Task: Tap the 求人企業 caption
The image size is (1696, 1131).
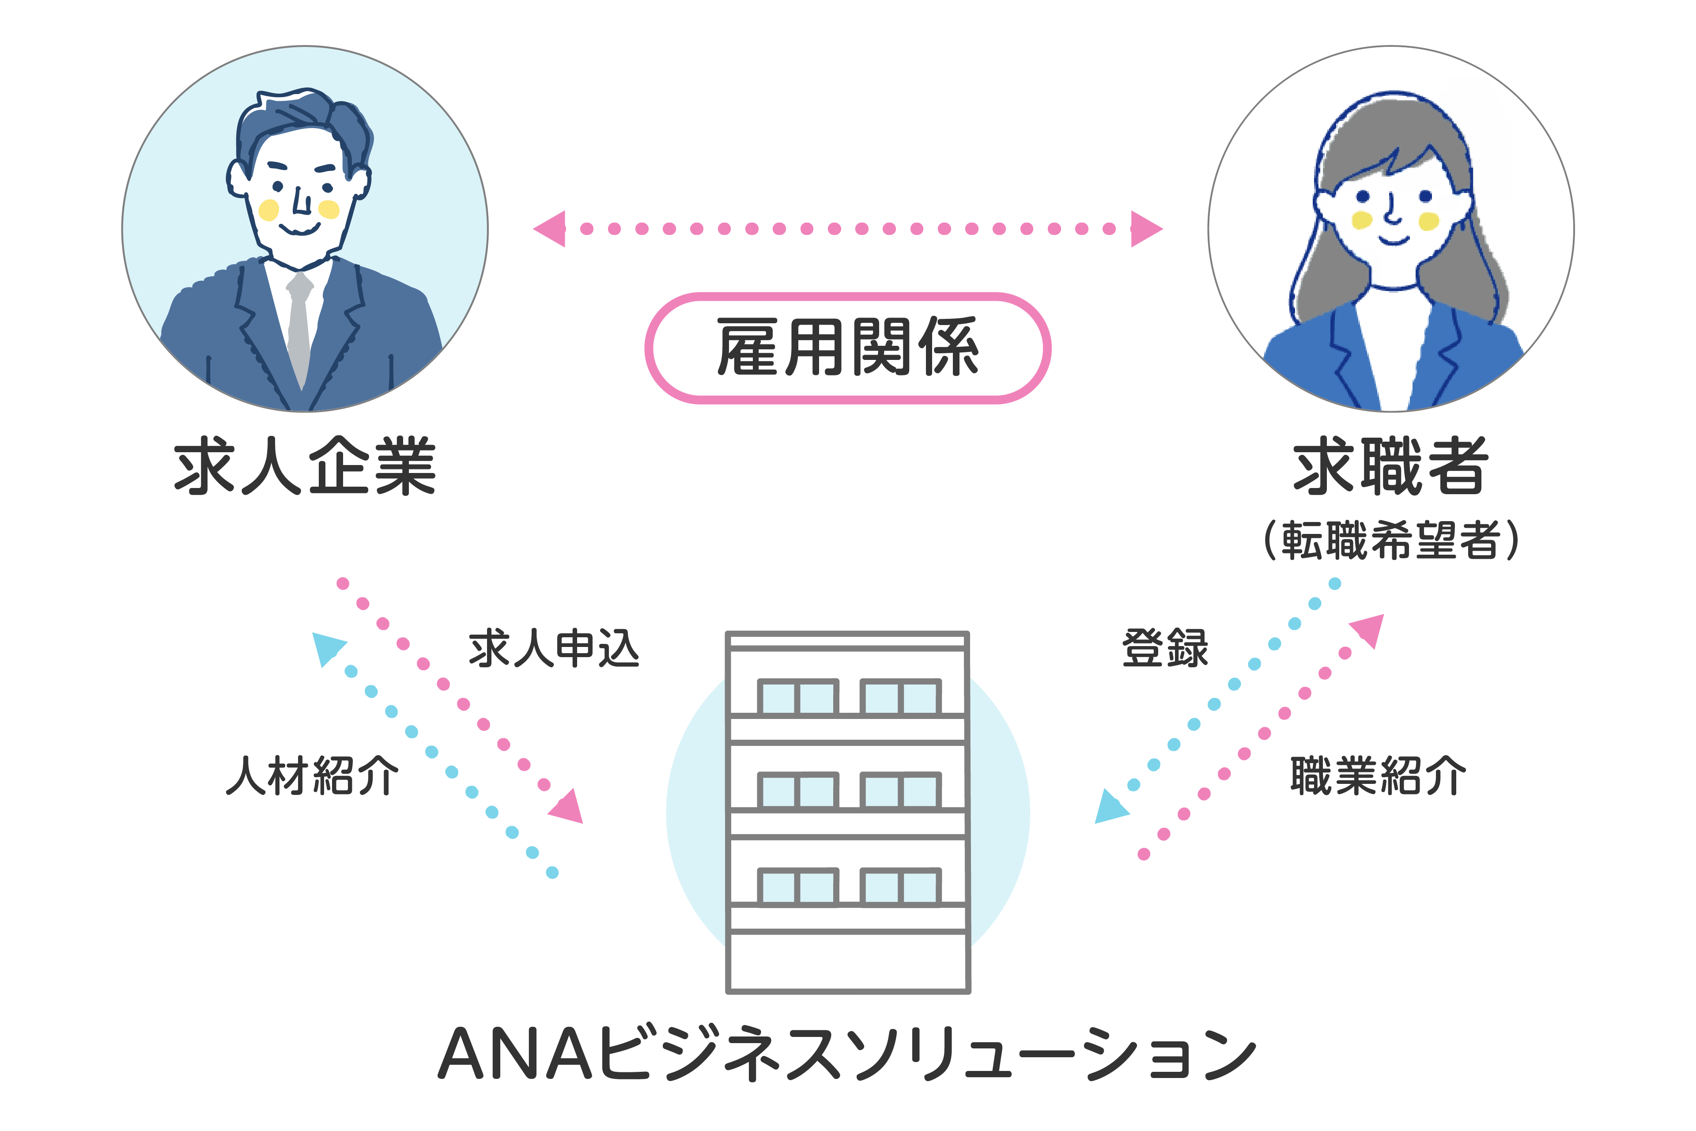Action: coord(305,467)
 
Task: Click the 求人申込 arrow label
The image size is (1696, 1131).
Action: coord(554,648)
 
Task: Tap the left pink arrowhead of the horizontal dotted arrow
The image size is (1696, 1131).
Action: coord(551,229)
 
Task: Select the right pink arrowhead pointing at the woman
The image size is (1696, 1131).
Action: coord(1145,229)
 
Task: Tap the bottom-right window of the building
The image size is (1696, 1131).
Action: coord(901,887)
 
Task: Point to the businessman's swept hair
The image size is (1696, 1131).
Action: coord(303,115)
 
